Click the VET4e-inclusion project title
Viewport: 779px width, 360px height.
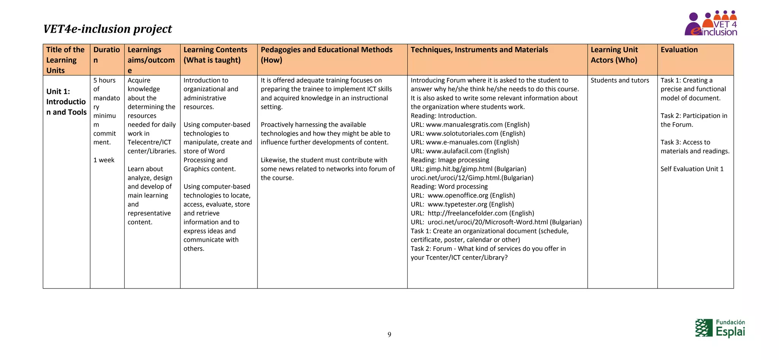tap(107, 29)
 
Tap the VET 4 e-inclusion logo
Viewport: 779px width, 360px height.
tap(711, 24)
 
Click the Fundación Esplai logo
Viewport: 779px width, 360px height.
tap(720, 328)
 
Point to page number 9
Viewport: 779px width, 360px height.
tap(389, 335)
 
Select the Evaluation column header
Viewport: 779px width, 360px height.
tap(679, 50)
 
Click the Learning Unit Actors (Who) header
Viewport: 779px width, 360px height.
tap(614, 55)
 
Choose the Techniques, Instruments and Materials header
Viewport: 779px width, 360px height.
tap(479, 50)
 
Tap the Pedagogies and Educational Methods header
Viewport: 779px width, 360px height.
tap(326, 55)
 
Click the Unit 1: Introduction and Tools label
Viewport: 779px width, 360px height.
tap(66, 101)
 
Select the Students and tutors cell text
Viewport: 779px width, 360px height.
tap(620, 80)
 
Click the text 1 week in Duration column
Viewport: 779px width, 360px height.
tap(104, 160)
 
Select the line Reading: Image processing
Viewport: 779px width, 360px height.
tap(450, 160)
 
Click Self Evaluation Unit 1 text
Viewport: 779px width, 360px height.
tap(692, 169)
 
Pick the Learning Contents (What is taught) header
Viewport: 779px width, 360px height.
tap(215, 55)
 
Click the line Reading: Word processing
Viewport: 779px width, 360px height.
tap(449, 187)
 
